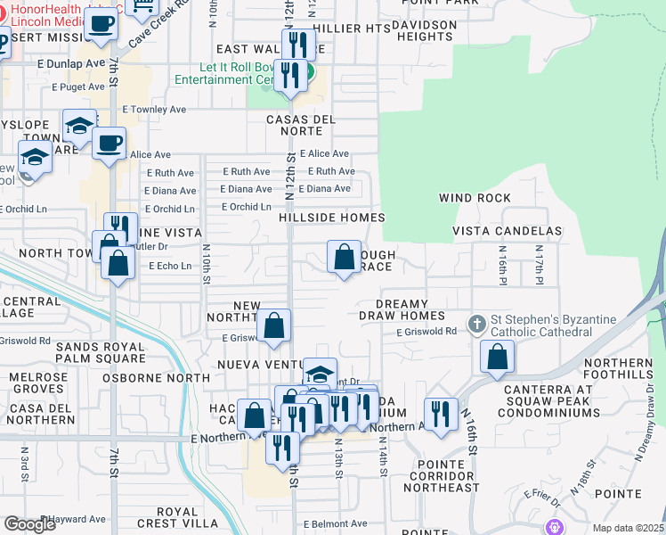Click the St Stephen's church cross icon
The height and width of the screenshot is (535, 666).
coord(477,324)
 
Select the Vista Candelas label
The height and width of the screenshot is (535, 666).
coord(507,231)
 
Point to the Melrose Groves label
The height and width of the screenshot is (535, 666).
coord(39,383)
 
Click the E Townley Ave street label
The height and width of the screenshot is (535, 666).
coord(154,110)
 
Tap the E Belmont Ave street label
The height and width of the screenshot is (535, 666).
coord(335,524)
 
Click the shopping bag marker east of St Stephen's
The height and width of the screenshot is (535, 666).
coord(497,357)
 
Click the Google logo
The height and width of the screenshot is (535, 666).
coord(29,524)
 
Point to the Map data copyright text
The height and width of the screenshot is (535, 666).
coord(628,528)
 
